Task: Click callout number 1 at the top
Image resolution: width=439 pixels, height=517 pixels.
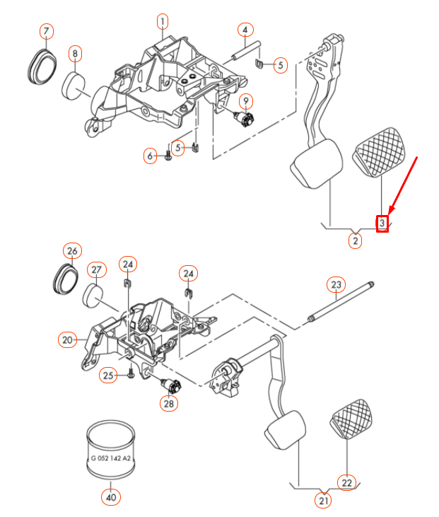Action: (162, 21)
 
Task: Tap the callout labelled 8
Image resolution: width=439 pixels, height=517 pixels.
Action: (75, 53)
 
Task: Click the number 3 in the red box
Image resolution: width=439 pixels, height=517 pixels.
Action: (382, 223)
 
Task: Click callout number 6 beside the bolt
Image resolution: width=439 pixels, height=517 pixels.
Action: (150, 156)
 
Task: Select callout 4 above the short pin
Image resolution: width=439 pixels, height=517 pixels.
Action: (245, 30)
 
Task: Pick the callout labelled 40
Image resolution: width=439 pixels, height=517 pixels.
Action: (110, 497)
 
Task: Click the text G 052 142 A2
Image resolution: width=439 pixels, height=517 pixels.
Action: (110, 458)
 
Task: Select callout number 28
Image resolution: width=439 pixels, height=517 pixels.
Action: (168, 404)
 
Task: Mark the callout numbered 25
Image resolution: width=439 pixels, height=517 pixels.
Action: (107, 375)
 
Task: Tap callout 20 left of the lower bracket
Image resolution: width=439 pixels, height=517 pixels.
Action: (66, 340)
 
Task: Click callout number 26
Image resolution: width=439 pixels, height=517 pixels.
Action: (72, 251)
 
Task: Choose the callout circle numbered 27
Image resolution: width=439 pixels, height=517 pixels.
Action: (96, 270)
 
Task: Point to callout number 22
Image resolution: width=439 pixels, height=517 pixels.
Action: (346, 482)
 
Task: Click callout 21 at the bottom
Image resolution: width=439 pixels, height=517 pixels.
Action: (323, 501)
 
